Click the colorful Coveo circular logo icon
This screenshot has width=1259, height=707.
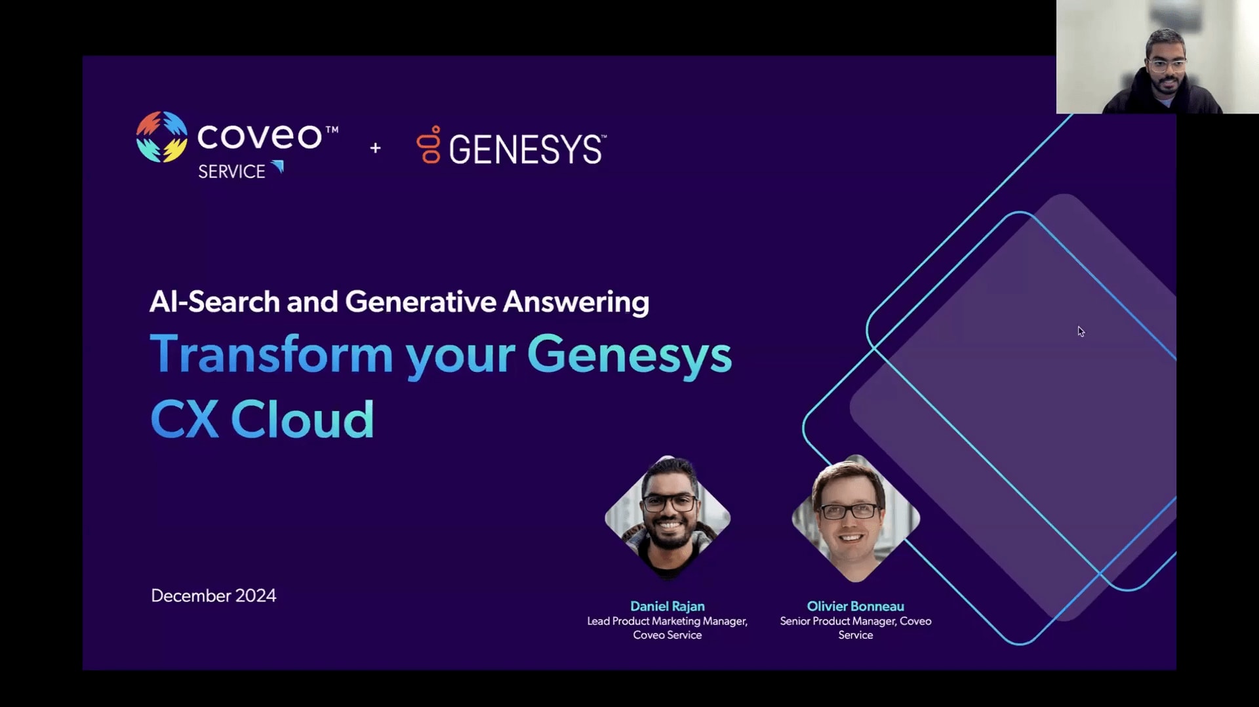pyautogui.click(x=161, y=136)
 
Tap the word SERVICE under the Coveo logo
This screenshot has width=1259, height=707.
pyautogui.click(x=231, y=172)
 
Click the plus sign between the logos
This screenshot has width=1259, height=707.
pyautogui.click(x=375, y=148)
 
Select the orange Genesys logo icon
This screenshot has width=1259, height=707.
pyautogui.click(x=429, y=144)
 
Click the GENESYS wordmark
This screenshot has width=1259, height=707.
pyautogui.click(x=527, y=150)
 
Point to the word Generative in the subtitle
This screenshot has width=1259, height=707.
pyautogui.click(x=421, y=302)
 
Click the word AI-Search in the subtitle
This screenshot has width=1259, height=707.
pyautogui.click(x=215, y=302)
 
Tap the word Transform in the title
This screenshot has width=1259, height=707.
pyautogui.click(x=271, y=354)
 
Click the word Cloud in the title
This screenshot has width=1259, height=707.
pyautogui.click(x=302, y=419)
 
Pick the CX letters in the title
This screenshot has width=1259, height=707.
pyautogui.click(x=184, y=419)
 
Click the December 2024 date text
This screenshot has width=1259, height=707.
pyautogui.click(x=214, y=596)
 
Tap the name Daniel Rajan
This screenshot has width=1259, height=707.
pyautogui.click(x=668, y=606)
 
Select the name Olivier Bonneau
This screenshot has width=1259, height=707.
pyautogui.click(x=856, y=606)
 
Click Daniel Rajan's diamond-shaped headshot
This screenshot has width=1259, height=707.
pyautogui.click(x=668, y=518)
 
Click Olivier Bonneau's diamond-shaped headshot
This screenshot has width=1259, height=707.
pyautogui.click(x=856, y=518)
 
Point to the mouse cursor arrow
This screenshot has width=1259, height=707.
pyautogui.click(x=1081, y=331)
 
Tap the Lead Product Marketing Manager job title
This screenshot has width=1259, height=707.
pyautogui.click(x=668, y=621)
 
